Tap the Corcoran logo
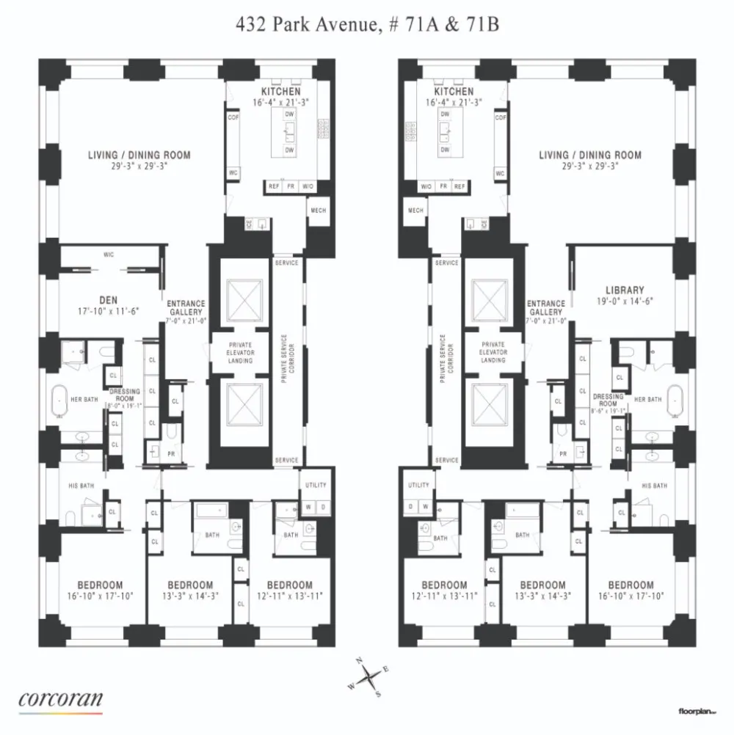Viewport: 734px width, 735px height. point(60,698)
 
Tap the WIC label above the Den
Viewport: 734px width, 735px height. point(109,255)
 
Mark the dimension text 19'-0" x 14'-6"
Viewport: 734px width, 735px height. point(625,301)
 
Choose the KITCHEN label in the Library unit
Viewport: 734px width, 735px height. point(450,92)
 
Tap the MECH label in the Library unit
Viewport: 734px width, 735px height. point(415,211)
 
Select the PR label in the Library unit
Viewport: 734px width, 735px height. point(564,454)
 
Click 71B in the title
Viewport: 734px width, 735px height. point(482,25)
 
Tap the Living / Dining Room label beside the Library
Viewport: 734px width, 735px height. point(590,156)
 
